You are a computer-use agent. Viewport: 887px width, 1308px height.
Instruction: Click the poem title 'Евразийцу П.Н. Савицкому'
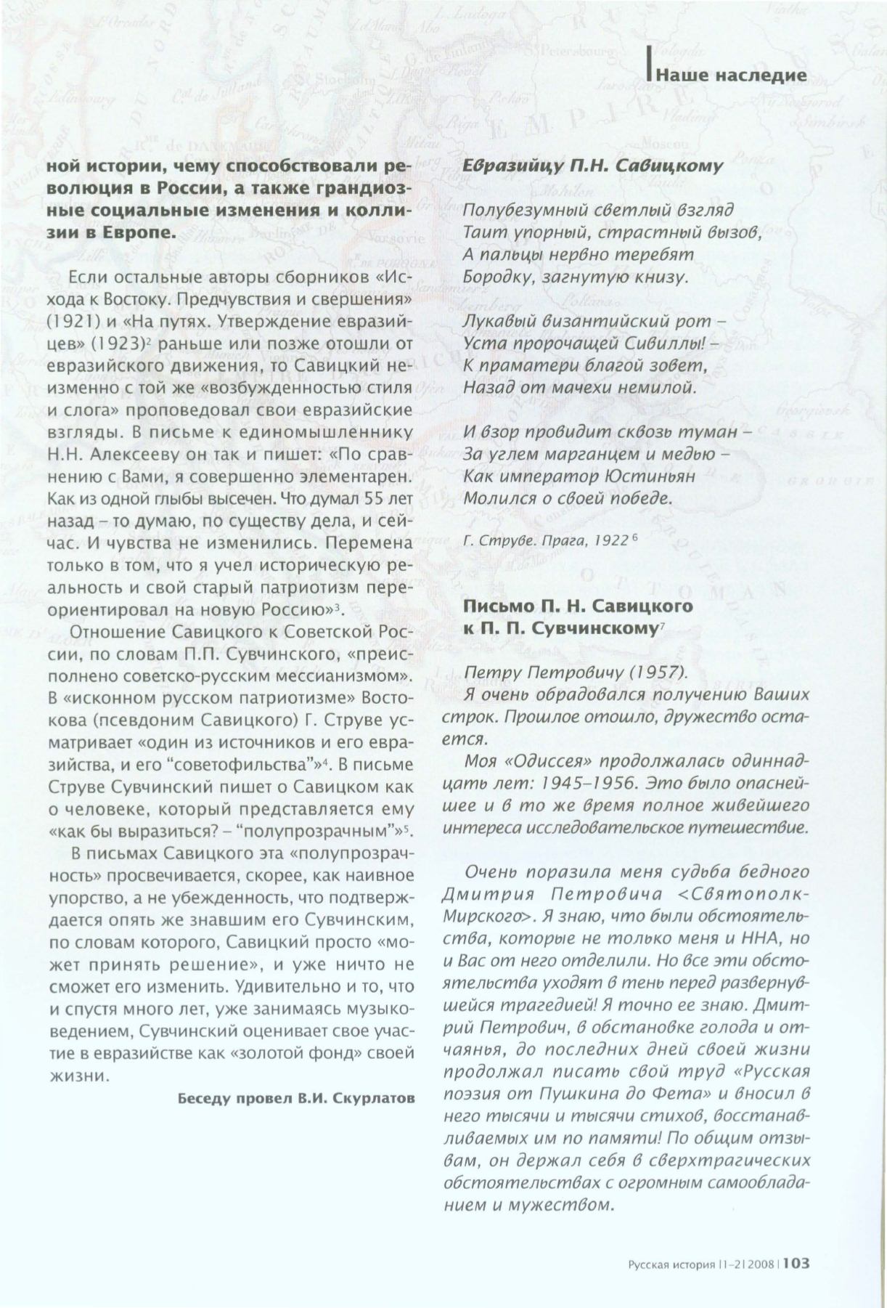pos(592,166)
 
